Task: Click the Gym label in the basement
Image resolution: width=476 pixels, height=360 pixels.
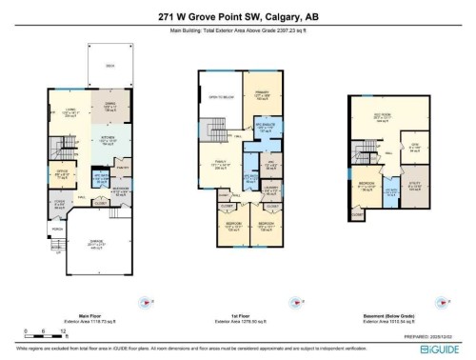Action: point(415,146)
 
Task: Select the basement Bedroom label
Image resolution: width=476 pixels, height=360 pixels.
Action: point(367,183)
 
